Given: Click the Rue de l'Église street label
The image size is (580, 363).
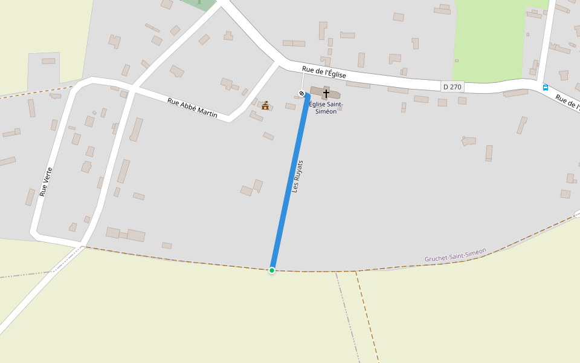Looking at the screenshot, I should pyautogui.click(x=324, y=73).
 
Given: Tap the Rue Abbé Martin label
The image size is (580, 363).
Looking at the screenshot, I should pyautogui.click(x=192, y=108).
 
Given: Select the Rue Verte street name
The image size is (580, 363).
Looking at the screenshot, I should pyautogui.click(x=46, y=181).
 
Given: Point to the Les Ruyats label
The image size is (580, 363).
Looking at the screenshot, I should pyautogui.click(x=297, y=176).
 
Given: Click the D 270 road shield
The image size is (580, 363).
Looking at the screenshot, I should pyautogui.click(x=453, y=87).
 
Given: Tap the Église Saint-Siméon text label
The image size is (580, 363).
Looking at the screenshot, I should pyautogui.click(x=326, y=108).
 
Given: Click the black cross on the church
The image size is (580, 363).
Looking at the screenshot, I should pyautogui.click(x=326, y=94).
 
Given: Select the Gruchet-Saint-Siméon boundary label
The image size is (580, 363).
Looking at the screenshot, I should pyautogui.click(x=455, y=255).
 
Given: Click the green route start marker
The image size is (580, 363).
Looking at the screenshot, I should pyautogui.click(x=272, y=270).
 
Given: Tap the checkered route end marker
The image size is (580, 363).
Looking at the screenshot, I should pyautogui.click(x=301, y=93).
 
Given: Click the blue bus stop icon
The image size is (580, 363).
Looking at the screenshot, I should pyautogui.click(x=546, y=87).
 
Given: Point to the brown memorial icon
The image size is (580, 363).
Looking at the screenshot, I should pyautogui.click(x=265, y=105).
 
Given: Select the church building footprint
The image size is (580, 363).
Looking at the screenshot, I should pyautogui.click(x=334, y=94).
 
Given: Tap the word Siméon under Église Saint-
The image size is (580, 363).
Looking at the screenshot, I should pyautogui.click(x=326, y=111).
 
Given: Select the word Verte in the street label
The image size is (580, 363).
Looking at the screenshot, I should pyautogui.click(x=48, y=174).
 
